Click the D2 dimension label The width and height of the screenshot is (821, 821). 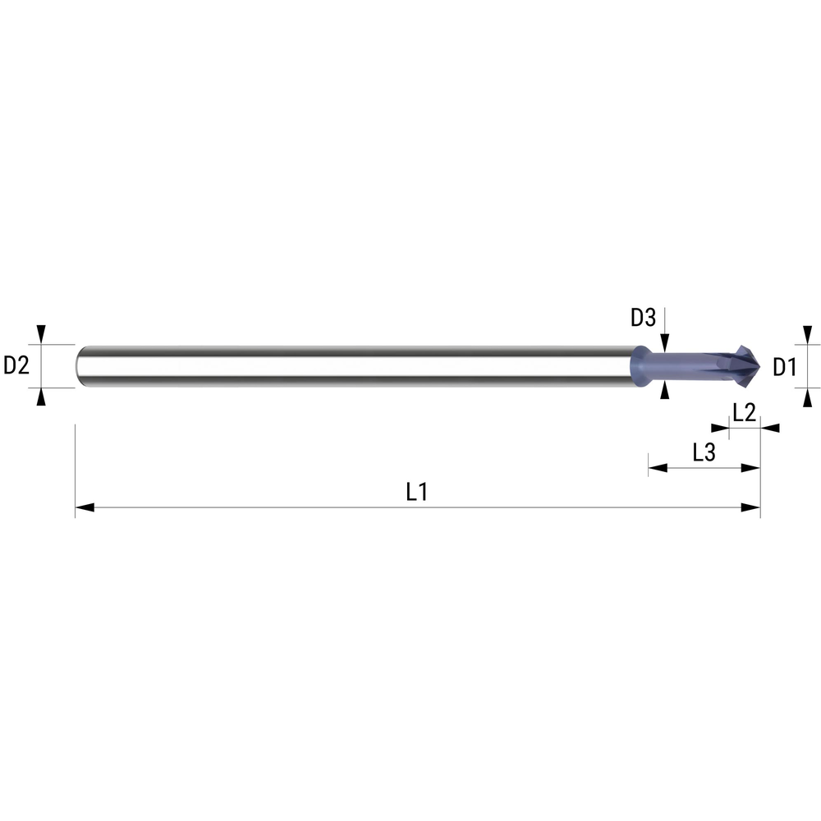tap(16, 365)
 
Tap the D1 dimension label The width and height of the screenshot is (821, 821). tap(784, 367)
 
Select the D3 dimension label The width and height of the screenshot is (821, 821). tap(643, 317)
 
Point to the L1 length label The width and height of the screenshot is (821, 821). tap(417, 492)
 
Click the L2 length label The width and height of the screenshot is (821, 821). tap(744, 413)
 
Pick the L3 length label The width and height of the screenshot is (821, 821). tap(704, 452)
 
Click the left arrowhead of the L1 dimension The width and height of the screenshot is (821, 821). tap(85, 507)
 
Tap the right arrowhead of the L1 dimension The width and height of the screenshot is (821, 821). tap(751, 507)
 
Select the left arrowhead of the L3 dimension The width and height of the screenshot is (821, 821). tap(658, 468)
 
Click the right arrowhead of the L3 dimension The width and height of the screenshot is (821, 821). tap(751, 468)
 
